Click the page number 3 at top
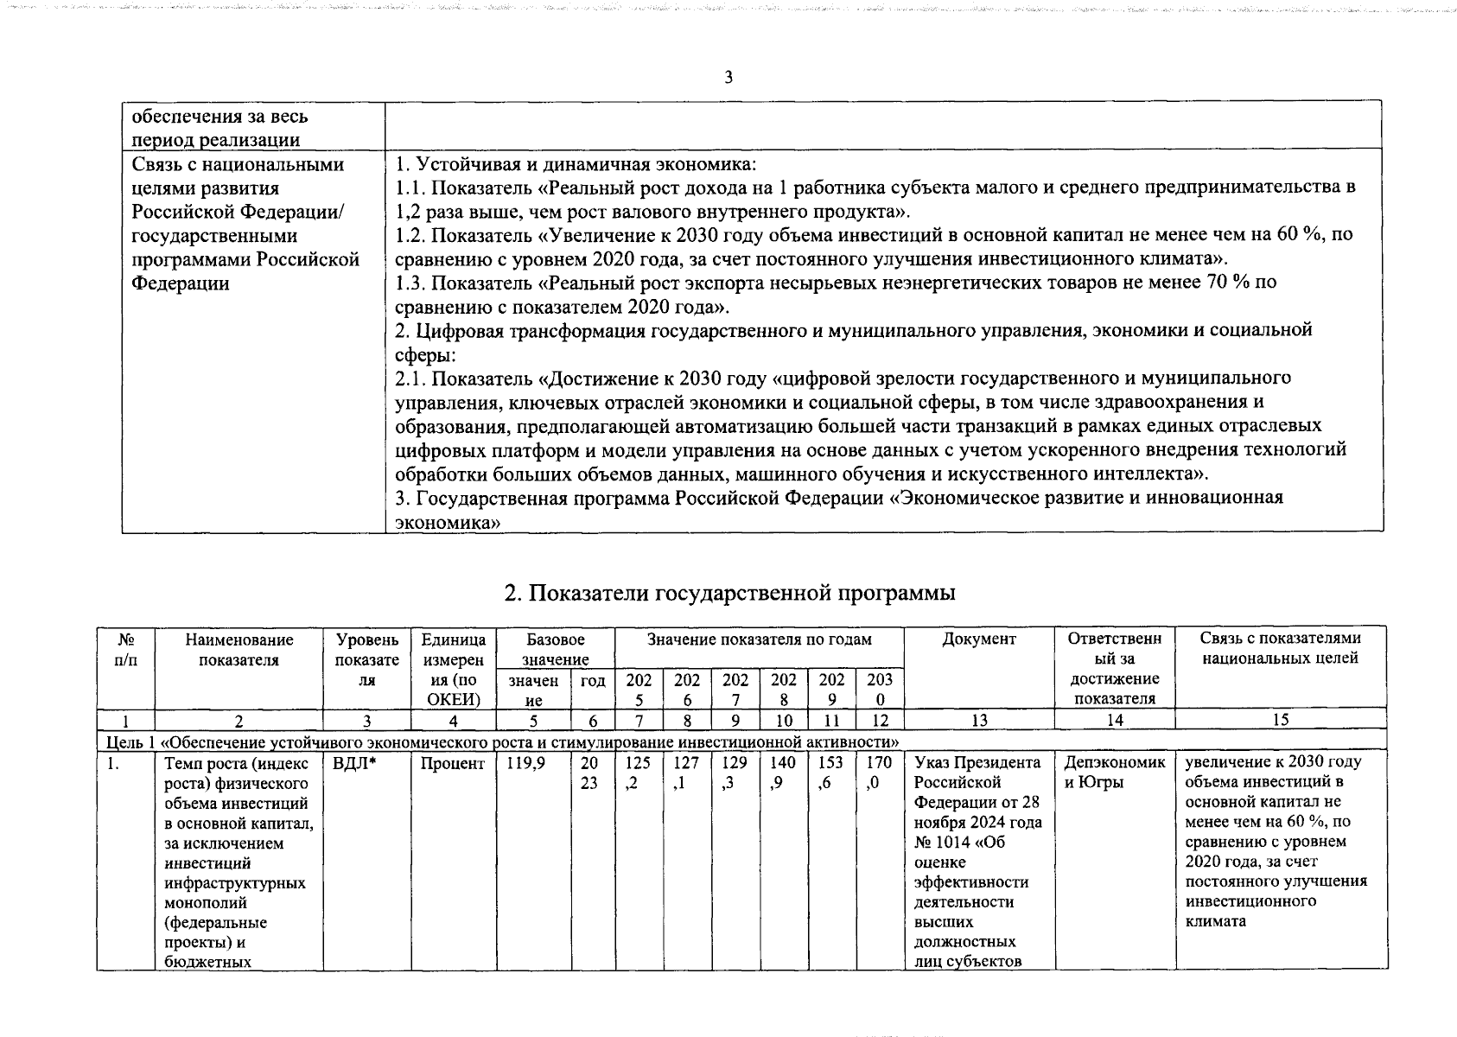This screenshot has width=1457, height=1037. pos(728,78)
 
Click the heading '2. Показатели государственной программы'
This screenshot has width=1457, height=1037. pos(729,593)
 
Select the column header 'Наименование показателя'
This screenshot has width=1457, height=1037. pos(239,649)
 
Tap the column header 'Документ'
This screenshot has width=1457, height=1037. pos(978,639)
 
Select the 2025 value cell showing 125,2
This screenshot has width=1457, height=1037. pos(638,772)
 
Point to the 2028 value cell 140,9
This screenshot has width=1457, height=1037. pos(783,772)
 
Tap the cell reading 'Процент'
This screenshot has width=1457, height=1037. pos(452,763)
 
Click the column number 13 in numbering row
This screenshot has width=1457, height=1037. pos(978,720)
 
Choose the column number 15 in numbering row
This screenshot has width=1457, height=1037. pos(1280,720)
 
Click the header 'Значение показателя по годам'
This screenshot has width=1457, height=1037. pos(759,639)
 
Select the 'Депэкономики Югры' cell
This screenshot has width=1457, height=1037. pos(1114,773)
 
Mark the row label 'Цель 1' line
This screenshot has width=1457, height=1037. pos(501,741)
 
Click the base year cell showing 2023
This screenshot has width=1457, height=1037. pos(590,772)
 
